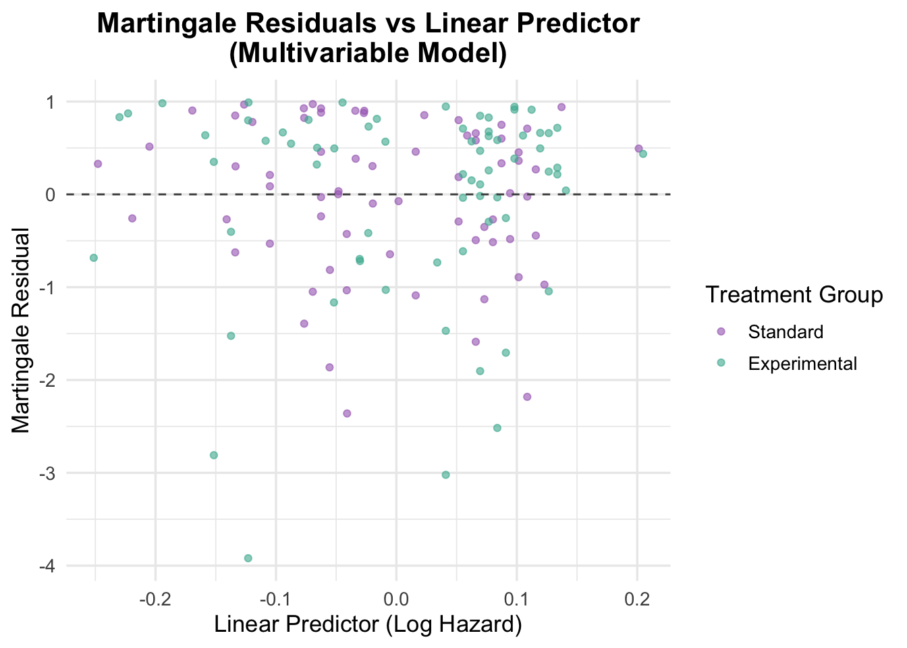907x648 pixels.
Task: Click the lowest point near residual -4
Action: click(248, 558)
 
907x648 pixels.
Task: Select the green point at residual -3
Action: click(445, 475)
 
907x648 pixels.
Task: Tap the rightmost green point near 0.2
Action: click(643, 154)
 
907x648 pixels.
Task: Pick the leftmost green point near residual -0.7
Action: click(93, 258)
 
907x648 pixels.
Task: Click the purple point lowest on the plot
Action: click(347, 413)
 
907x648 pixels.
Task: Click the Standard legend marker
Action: click(721, 332)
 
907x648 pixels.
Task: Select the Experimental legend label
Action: click(802, 364)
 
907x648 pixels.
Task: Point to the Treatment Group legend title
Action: click(794, 295)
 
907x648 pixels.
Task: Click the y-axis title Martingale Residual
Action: click(21, 331)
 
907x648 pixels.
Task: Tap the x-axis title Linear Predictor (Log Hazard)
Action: click(368, 624)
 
